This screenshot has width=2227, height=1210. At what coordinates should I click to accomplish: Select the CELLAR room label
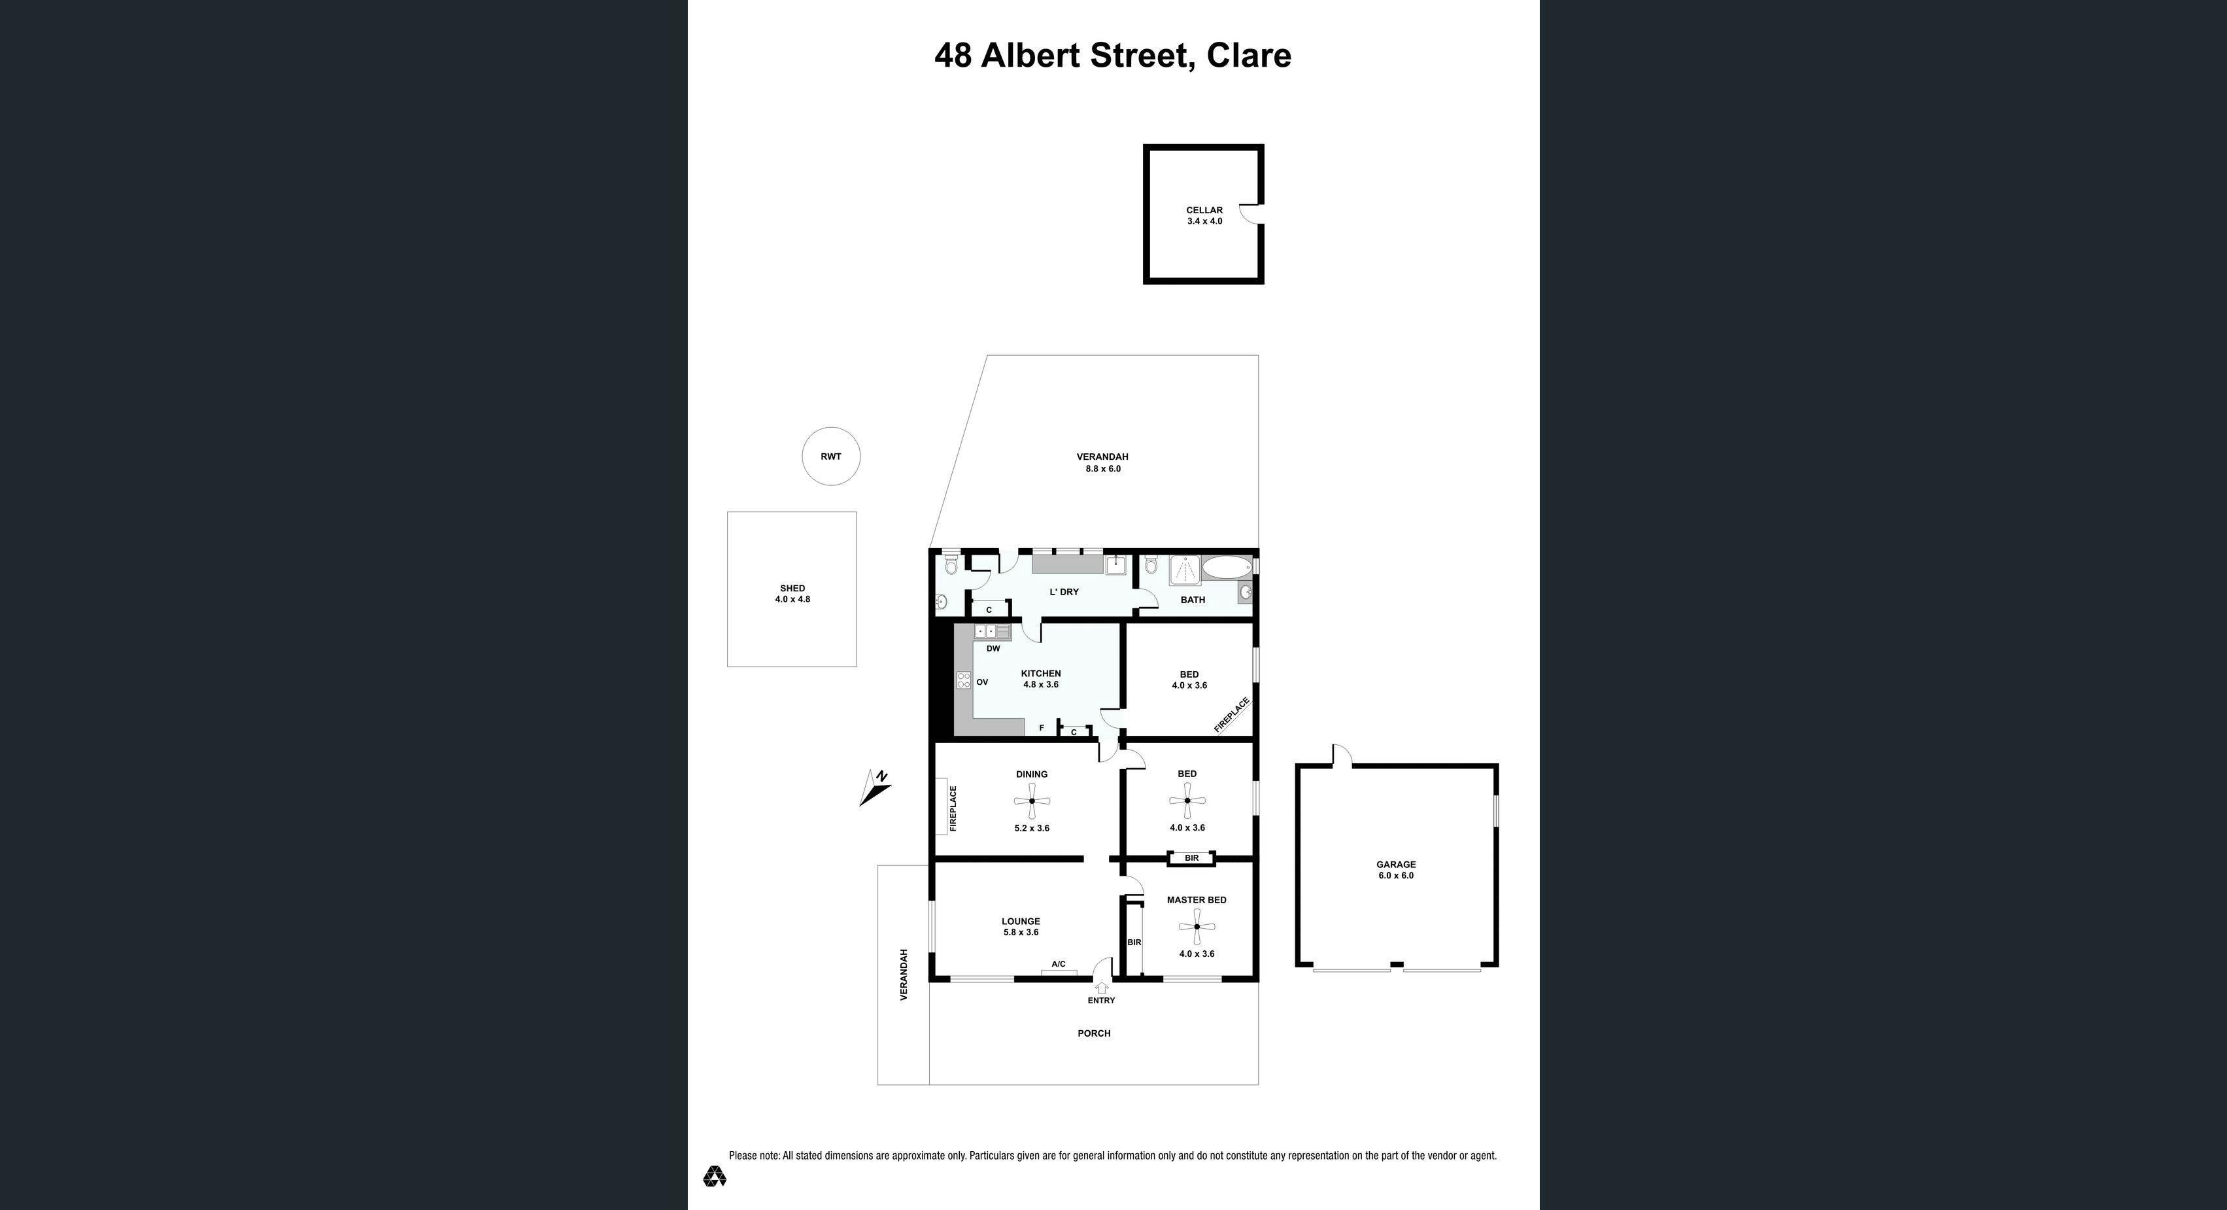pyautogui.click(x=1204, y=210)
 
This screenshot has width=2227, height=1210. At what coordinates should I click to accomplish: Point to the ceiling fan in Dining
pyautogui.click(x=1031, y=801)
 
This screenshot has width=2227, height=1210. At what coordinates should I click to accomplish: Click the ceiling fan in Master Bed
pyautogui.click(x=1197, y=927)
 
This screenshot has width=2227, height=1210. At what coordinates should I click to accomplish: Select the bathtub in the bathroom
pyautogui.click(x=1227, y=567)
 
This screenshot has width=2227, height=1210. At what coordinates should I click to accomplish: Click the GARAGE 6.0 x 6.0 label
pyautogui.click(x=1396, y=869)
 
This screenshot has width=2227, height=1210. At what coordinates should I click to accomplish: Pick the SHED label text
pyautogui.click(x=792, y=588)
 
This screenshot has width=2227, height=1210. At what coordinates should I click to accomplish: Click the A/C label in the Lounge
pyautogui.click(x=1058, y=963)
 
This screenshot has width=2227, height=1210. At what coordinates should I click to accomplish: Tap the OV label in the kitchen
pyautogui.click(x=982, y=682)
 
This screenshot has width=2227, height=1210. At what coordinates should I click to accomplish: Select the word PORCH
pyautogui.click(x=1094, y=1033)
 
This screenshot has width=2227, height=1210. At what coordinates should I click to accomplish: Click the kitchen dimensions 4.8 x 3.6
pyautogui.click(x=1041, y=684)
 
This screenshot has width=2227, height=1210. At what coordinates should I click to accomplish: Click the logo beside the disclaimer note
pyautogui.click(x=714, y=1175)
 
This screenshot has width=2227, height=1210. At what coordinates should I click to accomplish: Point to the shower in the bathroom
pyautogui.click(x=1183, y=572)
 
